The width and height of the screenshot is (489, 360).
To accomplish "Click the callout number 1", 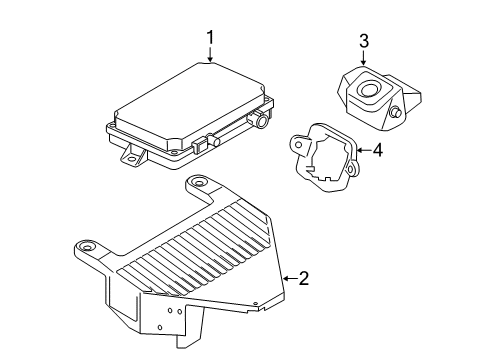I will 211,38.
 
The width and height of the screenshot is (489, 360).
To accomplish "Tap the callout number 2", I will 303,279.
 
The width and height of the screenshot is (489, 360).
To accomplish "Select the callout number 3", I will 364,40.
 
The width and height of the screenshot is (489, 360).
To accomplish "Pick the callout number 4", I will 377,151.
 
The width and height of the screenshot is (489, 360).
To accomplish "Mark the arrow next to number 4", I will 362,151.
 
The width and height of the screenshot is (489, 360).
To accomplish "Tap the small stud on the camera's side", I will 398,114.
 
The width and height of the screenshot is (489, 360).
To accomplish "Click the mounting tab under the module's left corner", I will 130,155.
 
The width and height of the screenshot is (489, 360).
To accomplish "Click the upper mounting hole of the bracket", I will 200,182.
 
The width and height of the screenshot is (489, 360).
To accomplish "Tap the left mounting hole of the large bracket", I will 89,248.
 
